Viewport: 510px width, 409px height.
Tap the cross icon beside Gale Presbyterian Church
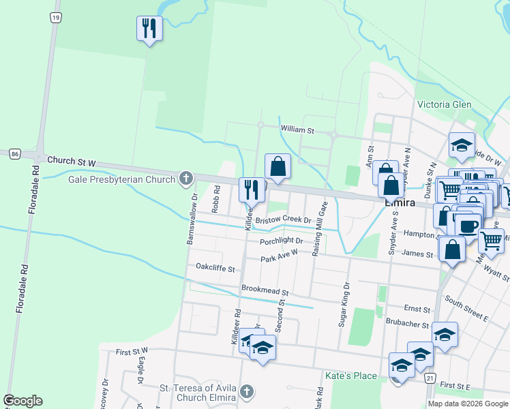(x=185, y=180)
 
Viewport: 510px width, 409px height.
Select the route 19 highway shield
(x=55, y=17)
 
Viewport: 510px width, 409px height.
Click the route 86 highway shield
(x=15, y=154)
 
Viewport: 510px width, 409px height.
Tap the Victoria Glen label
(x=444, y=104)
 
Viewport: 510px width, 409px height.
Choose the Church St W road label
(x=72, y=162)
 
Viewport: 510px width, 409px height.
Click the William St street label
(x=297, y=129)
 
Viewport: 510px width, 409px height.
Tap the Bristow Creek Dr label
(x=283, y=220)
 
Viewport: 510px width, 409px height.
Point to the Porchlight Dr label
(x=281, y=241)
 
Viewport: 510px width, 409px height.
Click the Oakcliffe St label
(x=215, y=269)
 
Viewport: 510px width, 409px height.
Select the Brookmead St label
(x=265, y=290)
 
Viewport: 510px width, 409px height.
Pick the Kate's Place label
(x=351, y=376)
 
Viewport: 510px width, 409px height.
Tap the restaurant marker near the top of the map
(x=149, y=29)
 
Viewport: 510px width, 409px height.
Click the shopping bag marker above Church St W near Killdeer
(x=277, y=166)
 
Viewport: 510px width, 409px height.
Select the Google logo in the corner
(x=22, y=400)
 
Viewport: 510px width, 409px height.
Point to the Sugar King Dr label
(x=344, y=304)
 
